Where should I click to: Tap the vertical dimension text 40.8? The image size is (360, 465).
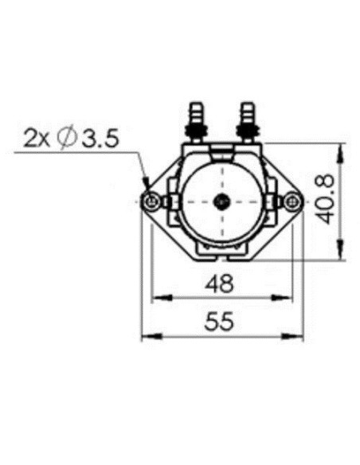[x=327, y=201]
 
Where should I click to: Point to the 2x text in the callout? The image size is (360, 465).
[x=37, y=139]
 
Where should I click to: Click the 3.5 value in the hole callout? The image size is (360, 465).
[x=99, y=139]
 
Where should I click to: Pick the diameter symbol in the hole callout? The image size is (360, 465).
[x=68, y=139]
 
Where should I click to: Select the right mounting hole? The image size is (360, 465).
[x=292, y=201]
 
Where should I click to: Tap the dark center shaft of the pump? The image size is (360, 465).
[x=222, y=201]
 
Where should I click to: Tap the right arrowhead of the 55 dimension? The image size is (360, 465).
[x=298, y=338]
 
